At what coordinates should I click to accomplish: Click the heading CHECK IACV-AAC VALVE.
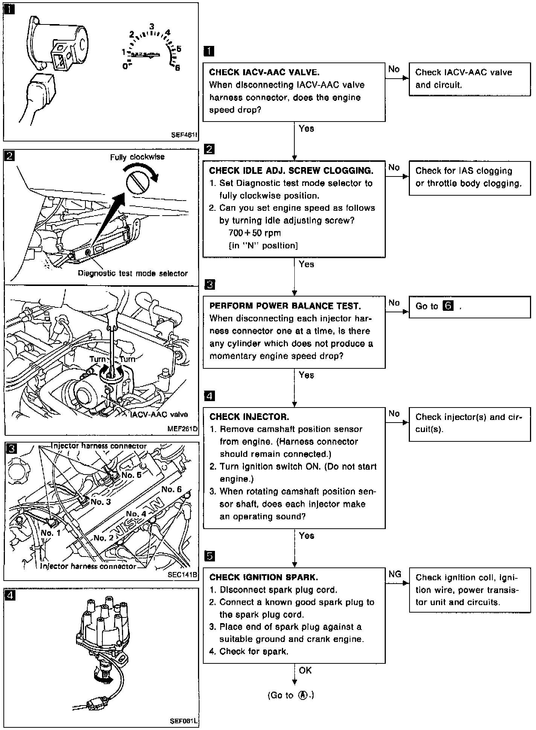tap(264, 72)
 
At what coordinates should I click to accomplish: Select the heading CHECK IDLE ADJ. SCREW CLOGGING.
tap(291, 170)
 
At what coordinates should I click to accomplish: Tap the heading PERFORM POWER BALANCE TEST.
tap(285, 306)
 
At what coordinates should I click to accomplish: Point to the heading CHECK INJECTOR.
tap(249, 417)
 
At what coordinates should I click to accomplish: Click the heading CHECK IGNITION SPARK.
tap(263, 577)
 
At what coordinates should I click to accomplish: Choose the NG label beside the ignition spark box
tap(395, 574)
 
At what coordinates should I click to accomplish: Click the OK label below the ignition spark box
tap(305, 670)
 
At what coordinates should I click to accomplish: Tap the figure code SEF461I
tap(184, 134)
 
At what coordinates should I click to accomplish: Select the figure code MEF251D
tap(183, 429)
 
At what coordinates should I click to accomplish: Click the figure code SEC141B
tap(183, 575)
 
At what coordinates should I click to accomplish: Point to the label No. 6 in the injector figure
tap(172, 489)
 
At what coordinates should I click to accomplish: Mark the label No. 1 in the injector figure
tap(50, 533)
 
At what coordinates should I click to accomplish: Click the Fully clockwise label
tap(137, 157)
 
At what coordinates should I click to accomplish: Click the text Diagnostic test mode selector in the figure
tap(132, 273)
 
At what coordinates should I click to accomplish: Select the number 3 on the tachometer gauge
tap(152, 27)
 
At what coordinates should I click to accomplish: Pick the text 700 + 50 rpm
tap(254, 233)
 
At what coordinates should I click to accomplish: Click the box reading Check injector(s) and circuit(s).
tap(469, 423)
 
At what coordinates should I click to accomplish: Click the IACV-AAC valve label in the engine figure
tap(159, 414)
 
